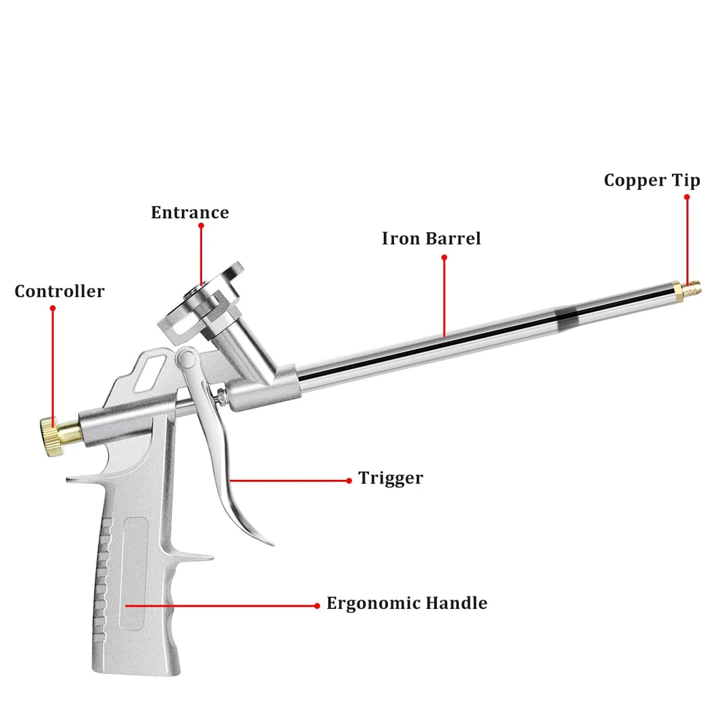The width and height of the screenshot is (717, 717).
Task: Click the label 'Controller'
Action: click(x=59, y=292)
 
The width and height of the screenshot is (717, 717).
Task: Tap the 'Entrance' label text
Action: click(x=190, y=213)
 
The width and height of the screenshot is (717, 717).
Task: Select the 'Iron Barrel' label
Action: click(x=431, y=239)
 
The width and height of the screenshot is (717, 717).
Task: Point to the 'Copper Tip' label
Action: click(x=652, y=181)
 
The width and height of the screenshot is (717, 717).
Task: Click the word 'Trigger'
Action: click(x=391, y=478)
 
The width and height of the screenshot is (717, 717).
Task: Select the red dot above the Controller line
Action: click(x=52, y=308)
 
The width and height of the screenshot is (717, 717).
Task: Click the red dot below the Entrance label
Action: click(x=201, y=226)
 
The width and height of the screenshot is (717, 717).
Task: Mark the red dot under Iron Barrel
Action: click(x=444, y=256)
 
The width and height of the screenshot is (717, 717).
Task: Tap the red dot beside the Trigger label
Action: click(x=349, y=480)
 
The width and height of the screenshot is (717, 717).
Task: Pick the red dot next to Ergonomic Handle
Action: click(x=317, y=605)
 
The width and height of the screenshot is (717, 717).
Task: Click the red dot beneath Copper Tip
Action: click(x=686, y=195)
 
